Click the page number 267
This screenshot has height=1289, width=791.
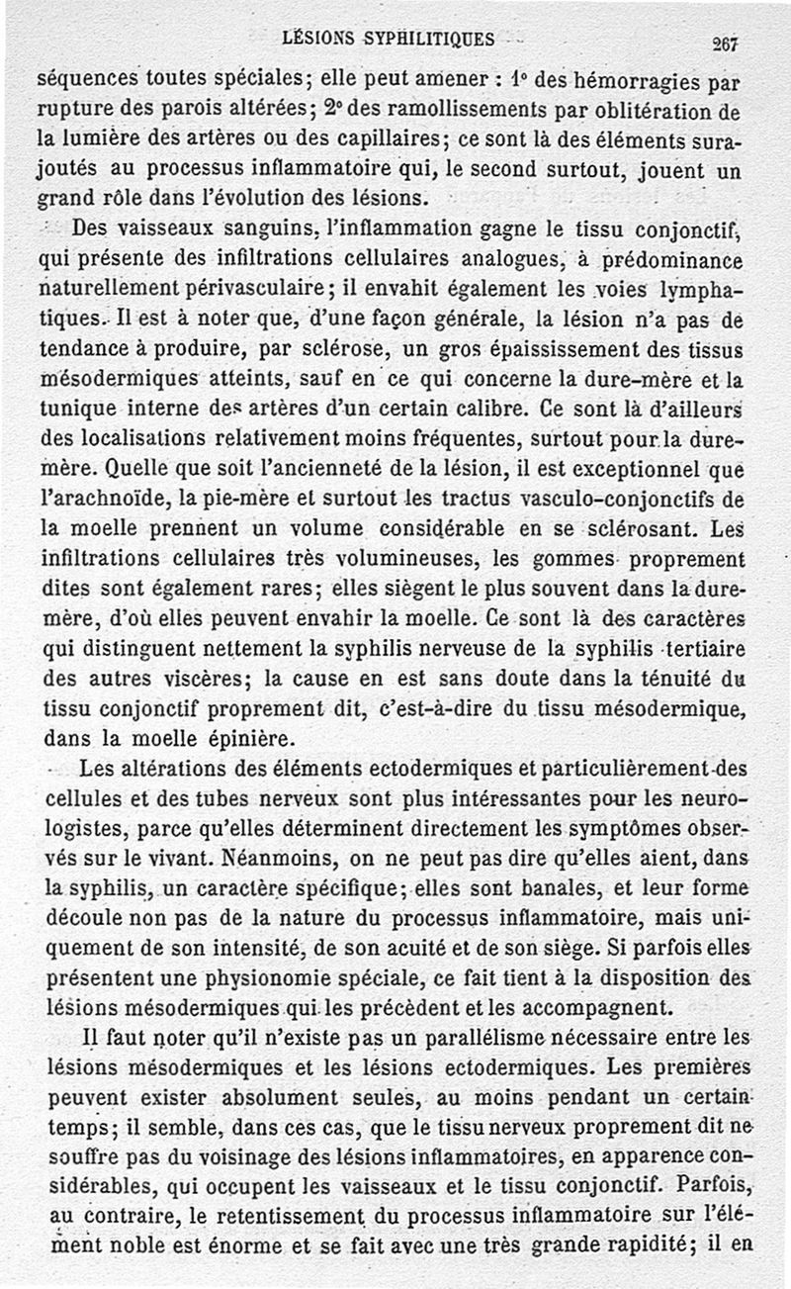(x=726, y=43)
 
